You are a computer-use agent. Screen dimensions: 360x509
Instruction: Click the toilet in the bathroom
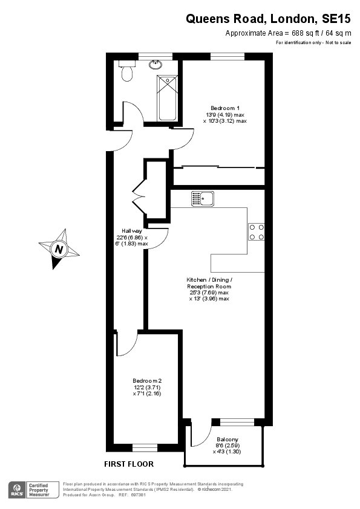click(126, 71)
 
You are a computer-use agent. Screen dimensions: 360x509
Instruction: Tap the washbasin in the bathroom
click(157, 65)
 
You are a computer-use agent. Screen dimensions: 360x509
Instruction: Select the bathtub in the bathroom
click(168, 99)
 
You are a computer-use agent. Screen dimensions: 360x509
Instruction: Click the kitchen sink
click(203, 199)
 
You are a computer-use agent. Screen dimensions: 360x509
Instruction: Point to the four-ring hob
click(257, 232)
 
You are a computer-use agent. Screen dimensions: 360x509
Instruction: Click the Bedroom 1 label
click(225, 108)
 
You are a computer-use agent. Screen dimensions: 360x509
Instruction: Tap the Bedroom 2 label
click(147, 381)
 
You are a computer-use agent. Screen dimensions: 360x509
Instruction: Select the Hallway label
click(132, 231)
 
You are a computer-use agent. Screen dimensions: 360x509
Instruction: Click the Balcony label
click(227, 439)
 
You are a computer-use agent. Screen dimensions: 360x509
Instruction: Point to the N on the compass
click(59, 249)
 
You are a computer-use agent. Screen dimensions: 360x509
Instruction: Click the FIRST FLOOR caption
click(129, 464)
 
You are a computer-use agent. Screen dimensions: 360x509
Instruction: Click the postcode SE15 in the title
click(336, 19)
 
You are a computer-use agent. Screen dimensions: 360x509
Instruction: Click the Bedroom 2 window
click(145, 448)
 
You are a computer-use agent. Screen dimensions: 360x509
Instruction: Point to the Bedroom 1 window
click(227, 56)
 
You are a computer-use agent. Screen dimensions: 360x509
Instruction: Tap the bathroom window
click(155, 56)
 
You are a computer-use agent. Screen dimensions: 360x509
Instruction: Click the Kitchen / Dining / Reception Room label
click(209, 283)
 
